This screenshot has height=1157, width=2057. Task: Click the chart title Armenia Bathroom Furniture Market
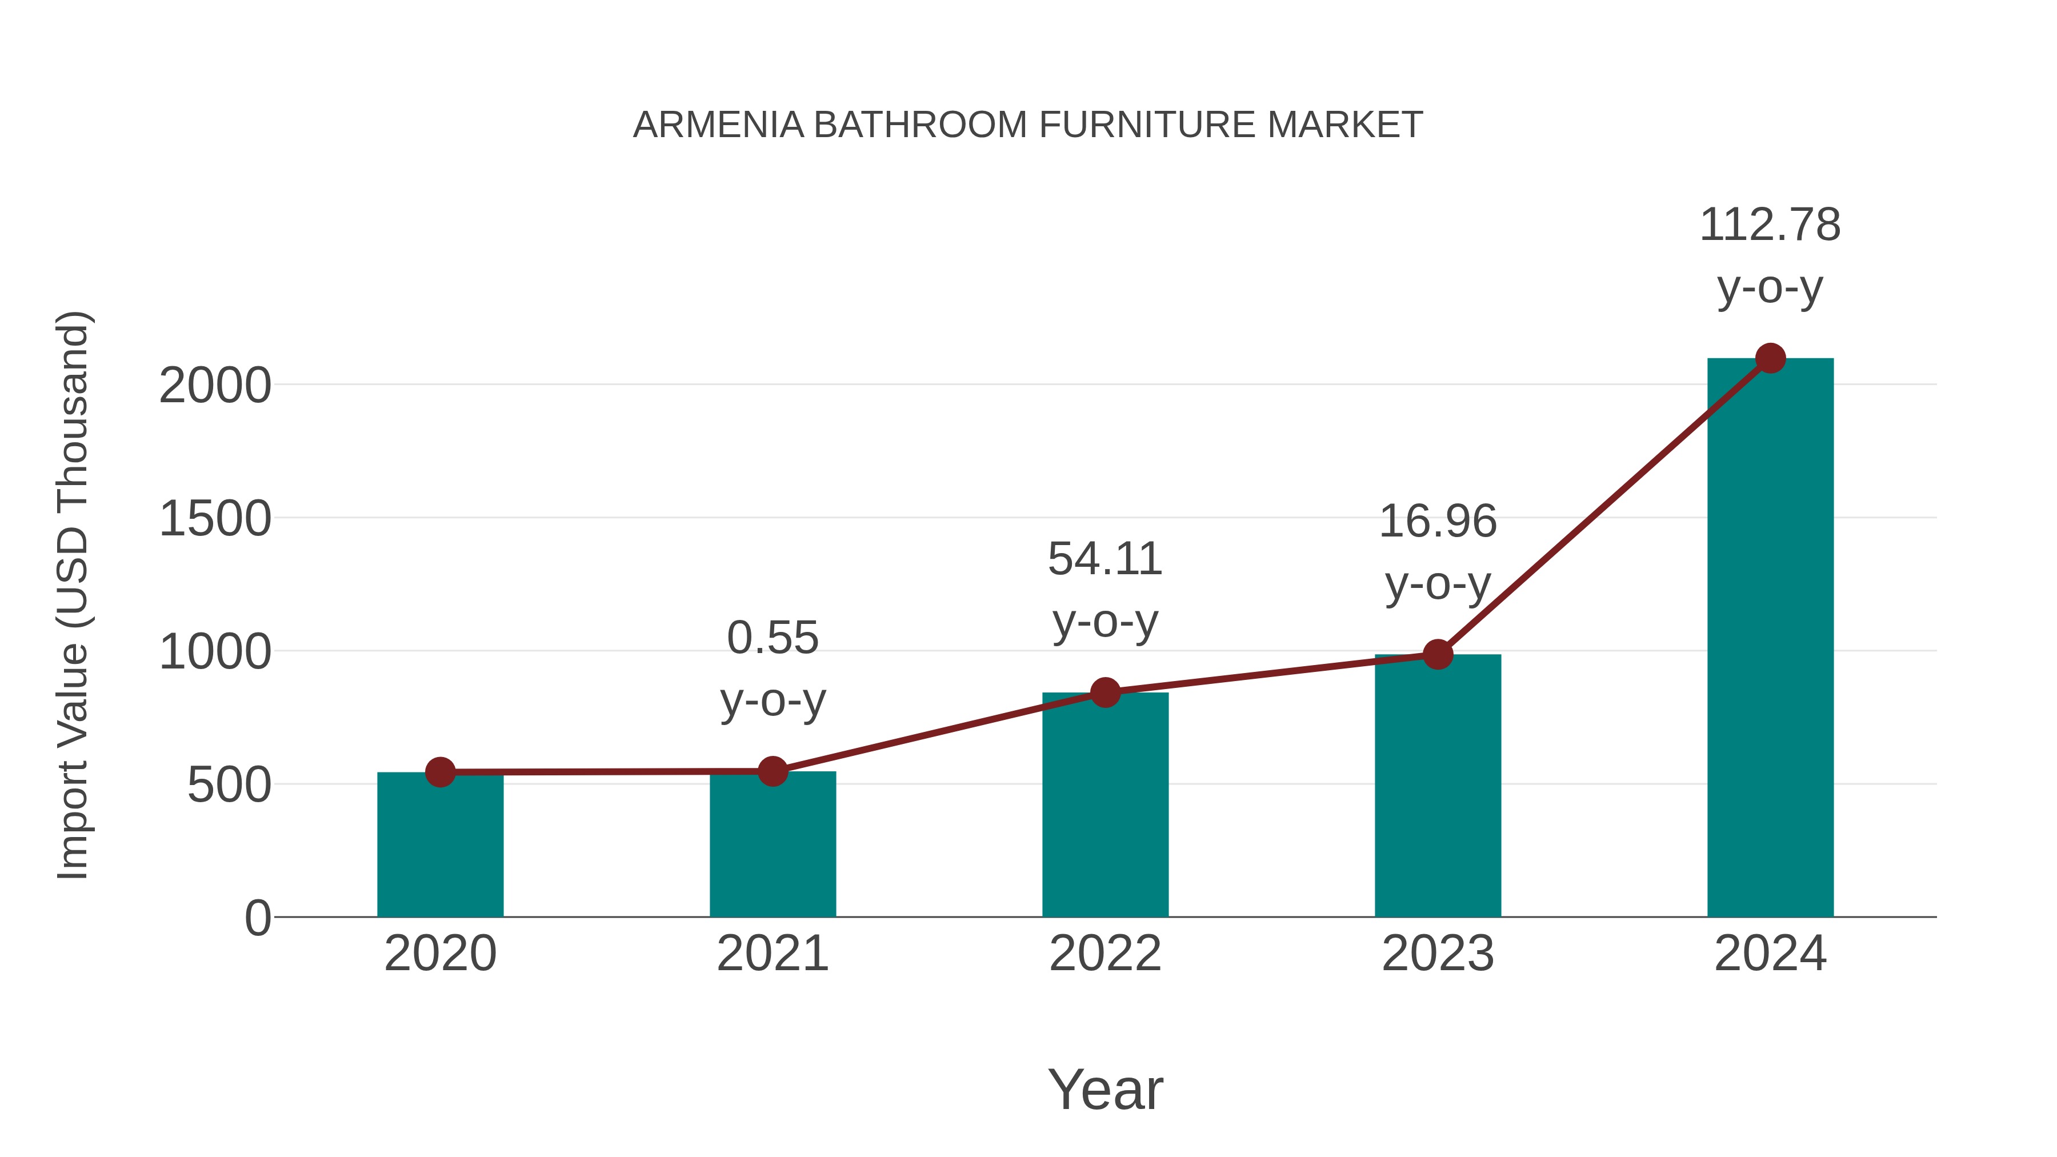tap(1028, 125)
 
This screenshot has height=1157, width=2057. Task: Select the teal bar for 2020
tap(440, 846)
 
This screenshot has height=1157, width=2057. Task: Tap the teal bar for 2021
tap(772, 846)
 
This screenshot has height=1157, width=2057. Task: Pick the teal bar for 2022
tap(1105, 806)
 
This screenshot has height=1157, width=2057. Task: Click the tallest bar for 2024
tap(1770, 639)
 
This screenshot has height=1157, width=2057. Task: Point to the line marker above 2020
tap(440, 772)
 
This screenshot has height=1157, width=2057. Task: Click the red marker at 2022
tap(1105, 692)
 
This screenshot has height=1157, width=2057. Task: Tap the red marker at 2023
tap(1438, 655)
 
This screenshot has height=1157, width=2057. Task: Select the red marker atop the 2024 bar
tap(1770, 358)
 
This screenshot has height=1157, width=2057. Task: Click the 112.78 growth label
tap(1770, 225)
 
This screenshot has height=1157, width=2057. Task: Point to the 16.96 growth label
tap(1438, 522)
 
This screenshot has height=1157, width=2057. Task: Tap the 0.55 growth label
tap(772, 638)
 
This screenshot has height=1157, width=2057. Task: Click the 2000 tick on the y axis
tap(215, 386)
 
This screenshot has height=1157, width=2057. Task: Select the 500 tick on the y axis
tap(229, 786)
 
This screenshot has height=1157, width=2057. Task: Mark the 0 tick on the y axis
tap(258, 918)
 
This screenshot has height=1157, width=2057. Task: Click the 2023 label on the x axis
tap(1438, 954)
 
